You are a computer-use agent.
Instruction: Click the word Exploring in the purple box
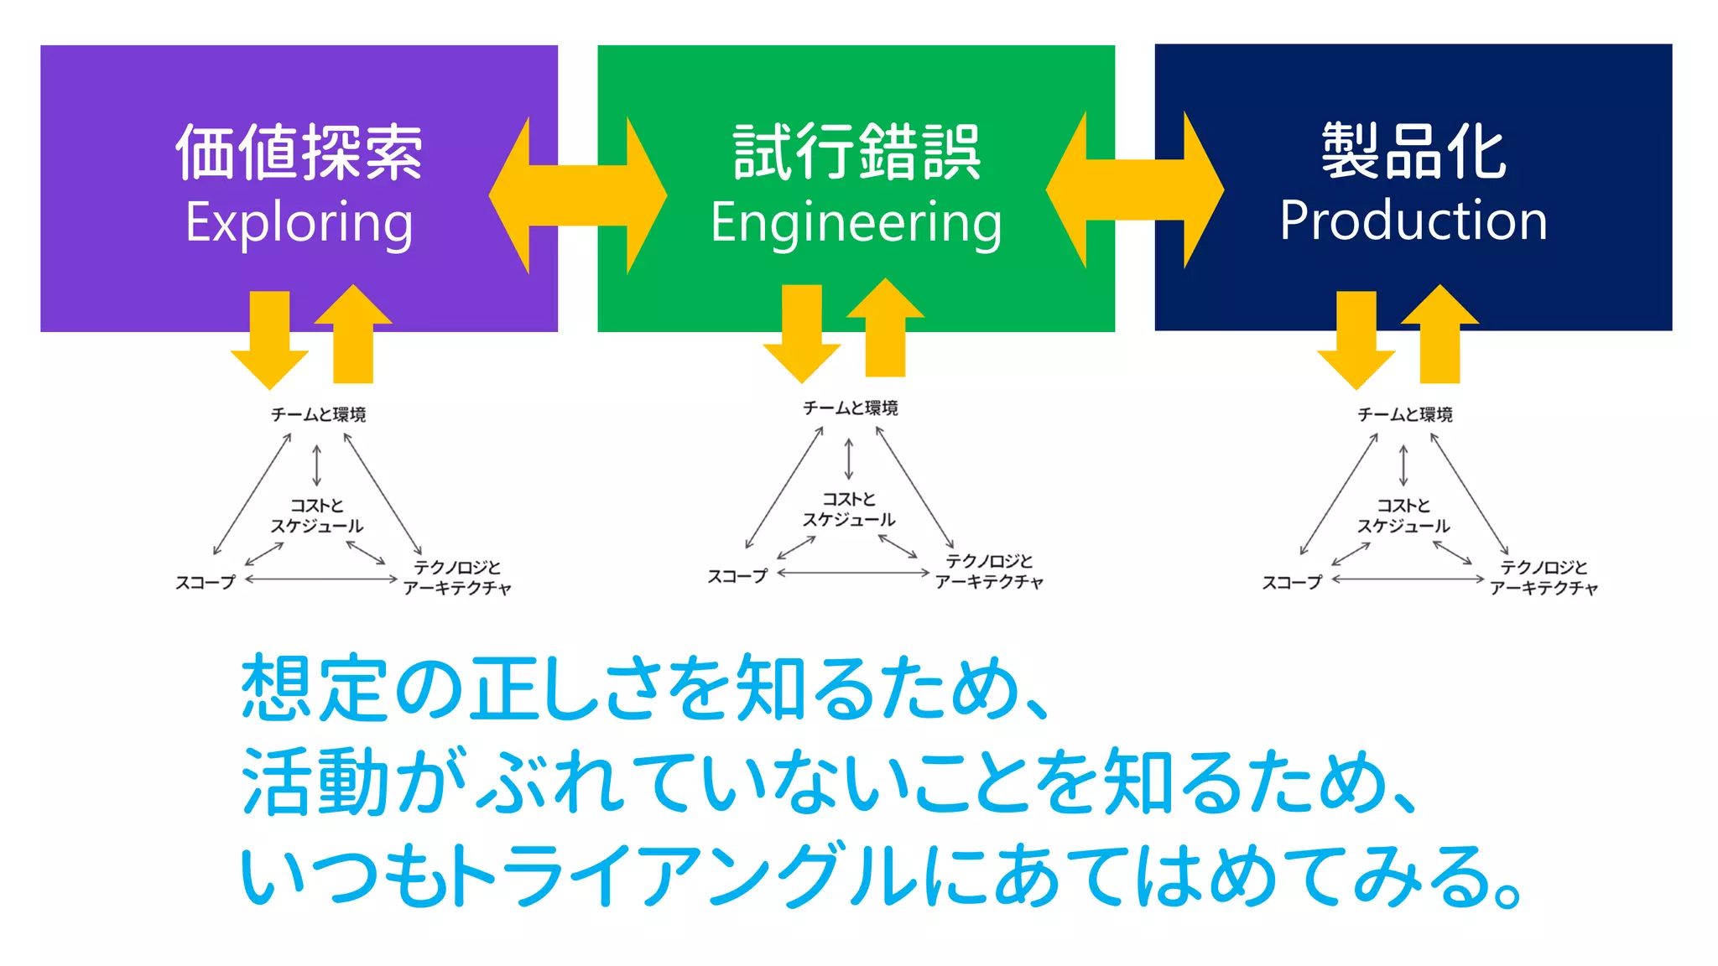point(299,223)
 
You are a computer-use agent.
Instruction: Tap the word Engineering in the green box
point(856,223)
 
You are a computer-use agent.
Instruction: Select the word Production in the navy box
point(1413,221)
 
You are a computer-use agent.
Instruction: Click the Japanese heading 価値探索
point(299,152)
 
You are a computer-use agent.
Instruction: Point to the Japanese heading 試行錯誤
point(856,152)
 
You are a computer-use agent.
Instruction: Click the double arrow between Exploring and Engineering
point(578,195)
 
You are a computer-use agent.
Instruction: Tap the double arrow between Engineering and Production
point(1135,190)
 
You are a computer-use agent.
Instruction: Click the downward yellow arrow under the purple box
point(269,340)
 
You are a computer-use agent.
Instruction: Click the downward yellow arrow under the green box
point(801,333)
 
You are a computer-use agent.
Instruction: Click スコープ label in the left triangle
point(206,582)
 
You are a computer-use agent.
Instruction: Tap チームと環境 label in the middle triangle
point(850,408)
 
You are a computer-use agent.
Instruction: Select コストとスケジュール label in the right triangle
point(1403,516)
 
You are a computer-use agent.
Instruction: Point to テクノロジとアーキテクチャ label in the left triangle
point(457,578)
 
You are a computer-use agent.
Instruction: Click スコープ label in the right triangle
point(1292,582)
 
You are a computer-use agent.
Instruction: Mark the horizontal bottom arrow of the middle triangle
point(853,573)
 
